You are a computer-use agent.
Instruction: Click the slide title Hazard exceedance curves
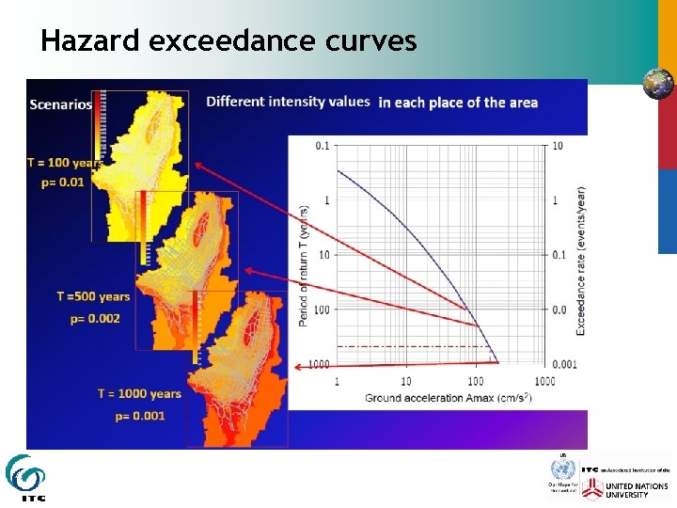(228, 40)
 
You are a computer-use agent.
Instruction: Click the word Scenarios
(61, 104)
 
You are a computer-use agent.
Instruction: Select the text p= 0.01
(63, 183)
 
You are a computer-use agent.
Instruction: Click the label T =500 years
(93, 297)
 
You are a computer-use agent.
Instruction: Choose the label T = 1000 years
(139, 393)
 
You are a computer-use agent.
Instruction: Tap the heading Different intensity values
(288, 102)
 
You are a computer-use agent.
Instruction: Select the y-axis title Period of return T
(304, 265)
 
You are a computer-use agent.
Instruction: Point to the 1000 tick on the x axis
(543, 381)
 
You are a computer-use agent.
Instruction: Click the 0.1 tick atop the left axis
(323, 145)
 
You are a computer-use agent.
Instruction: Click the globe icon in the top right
(657, 84)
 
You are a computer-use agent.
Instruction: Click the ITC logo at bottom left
(24, 478)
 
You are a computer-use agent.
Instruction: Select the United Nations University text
(638, 490)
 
